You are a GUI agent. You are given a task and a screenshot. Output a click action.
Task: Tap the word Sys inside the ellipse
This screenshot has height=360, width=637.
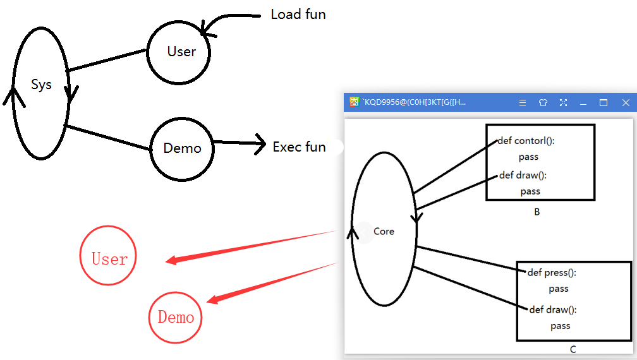tap(42, 85)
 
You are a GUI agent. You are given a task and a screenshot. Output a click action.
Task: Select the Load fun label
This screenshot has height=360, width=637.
tap(298, 15)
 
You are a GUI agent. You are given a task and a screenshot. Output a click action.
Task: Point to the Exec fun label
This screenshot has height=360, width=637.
tap(299, 147)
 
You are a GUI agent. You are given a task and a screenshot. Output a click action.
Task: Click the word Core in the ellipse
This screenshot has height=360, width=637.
tap(384, 231)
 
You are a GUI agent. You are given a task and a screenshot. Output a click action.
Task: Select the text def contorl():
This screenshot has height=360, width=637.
tap(526, 141)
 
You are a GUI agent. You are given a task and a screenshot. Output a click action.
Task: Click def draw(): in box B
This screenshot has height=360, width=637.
tap(523, 176)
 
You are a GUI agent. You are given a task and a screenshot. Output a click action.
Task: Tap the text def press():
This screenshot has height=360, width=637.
tap(552, 273)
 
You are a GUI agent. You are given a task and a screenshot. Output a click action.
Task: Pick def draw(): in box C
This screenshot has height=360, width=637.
tap(553, 309)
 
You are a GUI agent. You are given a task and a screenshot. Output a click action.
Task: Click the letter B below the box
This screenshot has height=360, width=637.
tap(537, 212)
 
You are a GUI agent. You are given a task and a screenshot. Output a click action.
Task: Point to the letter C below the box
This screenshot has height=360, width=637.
tap(573, 349)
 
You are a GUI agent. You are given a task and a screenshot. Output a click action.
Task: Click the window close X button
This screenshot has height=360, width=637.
tap(626, 103)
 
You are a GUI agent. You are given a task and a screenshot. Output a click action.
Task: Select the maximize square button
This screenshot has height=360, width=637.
tap(604, 103)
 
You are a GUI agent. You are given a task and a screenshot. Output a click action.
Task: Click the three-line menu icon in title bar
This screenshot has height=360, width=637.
tap(523, 103)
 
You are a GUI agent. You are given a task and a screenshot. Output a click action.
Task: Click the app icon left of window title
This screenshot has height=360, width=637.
tap(355, 102)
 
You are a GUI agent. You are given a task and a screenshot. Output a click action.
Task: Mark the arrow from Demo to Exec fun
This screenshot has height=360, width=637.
tap(240, 143)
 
